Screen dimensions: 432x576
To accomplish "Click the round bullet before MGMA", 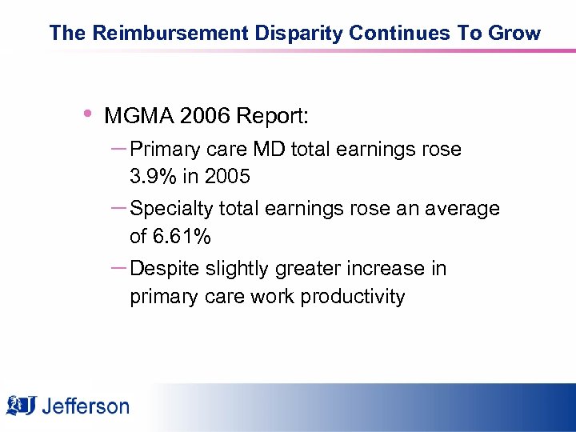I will pos(87,114).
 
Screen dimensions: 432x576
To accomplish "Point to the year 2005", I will pos(227,177).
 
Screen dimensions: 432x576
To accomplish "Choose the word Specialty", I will pos(172,209).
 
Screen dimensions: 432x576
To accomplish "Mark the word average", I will pos(461,209).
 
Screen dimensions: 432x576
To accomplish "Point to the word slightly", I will pos(238,269).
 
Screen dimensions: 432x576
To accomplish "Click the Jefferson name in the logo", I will pos(85,406).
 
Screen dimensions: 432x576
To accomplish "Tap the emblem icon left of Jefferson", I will pos(22,406).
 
